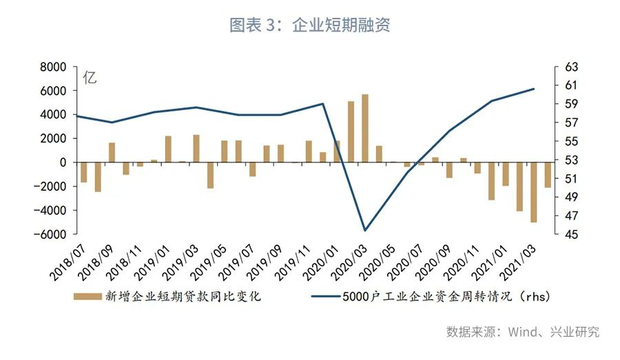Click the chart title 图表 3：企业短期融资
pos(310,26)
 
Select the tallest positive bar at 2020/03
pos(365,128)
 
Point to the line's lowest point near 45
pos(365,230)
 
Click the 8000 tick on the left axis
pos(52,67)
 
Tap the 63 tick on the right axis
pos(573,67)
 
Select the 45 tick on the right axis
pos(573,234)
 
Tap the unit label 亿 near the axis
pos(90,78)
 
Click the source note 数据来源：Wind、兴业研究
pos(523,332)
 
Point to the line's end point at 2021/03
pos(534,89)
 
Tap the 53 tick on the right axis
pos(573,160)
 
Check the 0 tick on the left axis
pos(63,162)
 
